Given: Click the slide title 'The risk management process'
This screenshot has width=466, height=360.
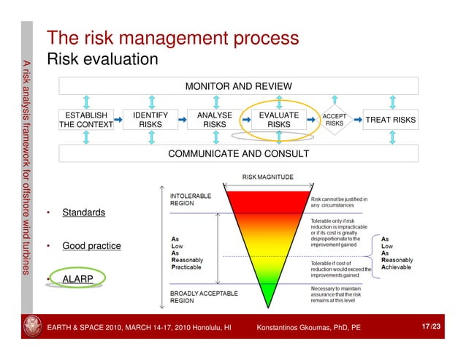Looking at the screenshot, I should (x=172, y=38).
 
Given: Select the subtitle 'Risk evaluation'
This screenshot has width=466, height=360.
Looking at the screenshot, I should (x=102, y=58).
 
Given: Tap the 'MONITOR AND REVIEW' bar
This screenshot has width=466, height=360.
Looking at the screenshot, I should (x=238, y=86).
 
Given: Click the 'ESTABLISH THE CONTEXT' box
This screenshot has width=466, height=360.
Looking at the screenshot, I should (x=86, y=120).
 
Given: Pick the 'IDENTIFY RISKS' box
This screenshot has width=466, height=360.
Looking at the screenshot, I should (x=150, y=120).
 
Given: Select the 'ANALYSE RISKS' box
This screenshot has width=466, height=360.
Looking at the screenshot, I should (x=215, y=120).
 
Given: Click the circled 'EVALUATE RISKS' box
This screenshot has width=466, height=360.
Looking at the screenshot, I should (x=278, y=120).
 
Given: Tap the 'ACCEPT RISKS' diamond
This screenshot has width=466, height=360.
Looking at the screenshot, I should (x=335, y=120).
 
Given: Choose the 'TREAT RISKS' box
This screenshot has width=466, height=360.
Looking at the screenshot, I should (x=391, y=120).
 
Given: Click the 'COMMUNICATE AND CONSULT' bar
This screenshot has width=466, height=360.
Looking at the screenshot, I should (x=238, y=154).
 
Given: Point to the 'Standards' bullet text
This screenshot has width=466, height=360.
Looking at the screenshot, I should (x=83, y=213).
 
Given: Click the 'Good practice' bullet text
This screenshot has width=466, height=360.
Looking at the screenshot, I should (x=91, y=246).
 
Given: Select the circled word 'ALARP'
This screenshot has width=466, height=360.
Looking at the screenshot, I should (x=78, y=279).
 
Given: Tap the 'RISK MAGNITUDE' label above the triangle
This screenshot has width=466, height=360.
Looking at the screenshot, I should (x=267, y=177).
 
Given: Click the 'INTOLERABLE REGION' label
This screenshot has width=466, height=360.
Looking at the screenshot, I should (x=191, y=199).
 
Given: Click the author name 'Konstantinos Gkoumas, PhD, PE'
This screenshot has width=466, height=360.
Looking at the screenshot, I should (x=308, y=328).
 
